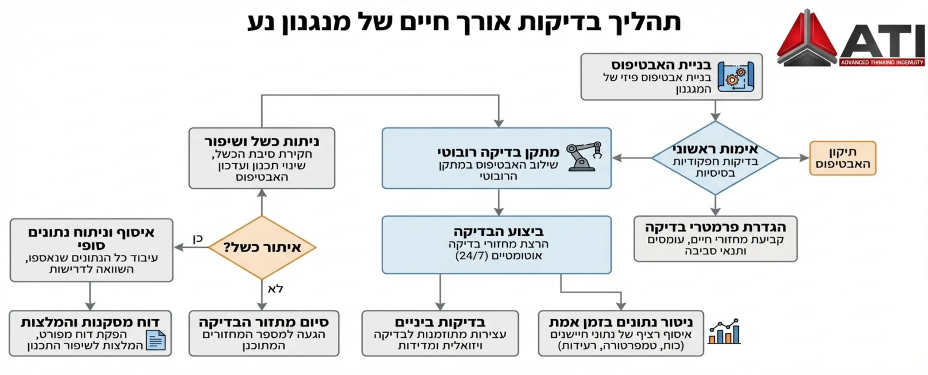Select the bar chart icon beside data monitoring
click(724, 332)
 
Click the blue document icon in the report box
click(156, 340)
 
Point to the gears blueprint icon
click(736, 77)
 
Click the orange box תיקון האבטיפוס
click(843, 158)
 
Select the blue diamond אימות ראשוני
click(715, 158)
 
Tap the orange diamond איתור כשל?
click(262, 248)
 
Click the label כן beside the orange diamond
click(198, 239)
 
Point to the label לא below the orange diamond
click(275, 289)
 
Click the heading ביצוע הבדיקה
click(498, 231)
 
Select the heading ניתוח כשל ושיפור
click(262, 142)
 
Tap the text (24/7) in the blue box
click(471, 256)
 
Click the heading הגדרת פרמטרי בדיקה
click(715, 227)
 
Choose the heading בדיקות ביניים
click(440, 322)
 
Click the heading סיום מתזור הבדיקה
click(264, 322)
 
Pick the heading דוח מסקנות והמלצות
click(90, 322)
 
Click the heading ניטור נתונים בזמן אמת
click(621, 322)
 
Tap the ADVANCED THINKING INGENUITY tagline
click(881, 63)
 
